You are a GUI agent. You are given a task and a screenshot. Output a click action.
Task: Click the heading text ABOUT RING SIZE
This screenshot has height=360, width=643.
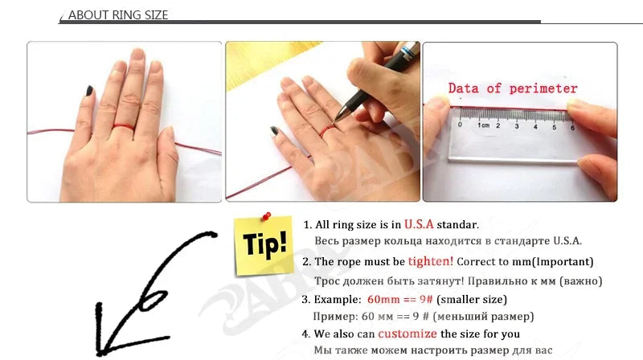click(x=118, y=15)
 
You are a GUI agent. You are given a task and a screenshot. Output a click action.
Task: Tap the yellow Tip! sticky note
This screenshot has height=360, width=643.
click(x=264, y=246)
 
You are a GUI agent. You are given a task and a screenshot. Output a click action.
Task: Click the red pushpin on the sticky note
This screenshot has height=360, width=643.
click(x=266, y=215)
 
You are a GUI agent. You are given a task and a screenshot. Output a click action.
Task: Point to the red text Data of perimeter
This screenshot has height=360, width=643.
click(x=513, y=88)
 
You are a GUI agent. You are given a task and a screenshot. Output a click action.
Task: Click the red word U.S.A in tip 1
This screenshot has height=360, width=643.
click(x=419, y=224)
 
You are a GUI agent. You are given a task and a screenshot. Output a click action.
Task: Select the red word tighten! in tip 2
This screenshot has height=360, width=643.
click(x=431, y=261)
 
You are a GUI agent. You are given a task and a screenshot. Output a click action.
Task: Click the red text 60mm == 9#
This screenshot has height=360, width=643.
click(x=399, y=299)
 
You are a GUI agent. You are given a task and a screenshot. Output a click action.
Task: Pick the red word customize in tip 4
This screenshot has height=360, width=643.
click(x=408, y=333)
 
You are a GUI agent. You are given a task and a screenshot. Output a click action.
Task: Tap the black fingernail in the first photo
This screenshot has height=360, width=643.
click(x=89, y=91)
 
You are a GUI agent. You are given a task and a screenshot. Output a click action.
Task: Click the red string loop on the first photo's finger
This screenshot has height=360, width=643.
click(x=124, y=127)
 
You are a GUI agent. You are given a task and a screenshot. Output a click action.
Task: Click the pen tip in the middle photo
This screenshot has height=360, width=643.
click(x=336, y=119)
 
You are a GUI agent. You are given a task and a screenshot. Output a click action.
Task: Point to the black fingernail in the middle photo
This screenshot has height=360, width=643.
click(x=274, y=131)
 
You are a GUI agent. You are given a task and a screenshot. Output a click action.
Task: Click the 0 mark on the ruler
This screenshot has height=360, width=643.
click(x=460, y=125)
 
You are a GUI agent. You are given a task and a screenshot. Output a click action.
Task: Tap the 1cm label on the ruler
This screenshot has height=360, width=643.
click(x=484, y=125)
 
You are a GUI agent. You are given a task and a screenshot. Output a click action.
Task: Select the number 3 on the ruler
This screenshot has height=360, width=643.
click(x=517, y=126)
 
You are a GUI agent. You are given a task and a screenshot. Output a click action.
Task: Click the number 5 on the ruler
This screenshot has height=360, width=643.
click(x=554, y=127)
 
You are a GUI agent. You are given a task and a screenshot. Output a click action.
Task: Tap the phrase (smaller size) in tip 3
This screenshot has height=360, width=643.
click(x=472, y=299)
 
